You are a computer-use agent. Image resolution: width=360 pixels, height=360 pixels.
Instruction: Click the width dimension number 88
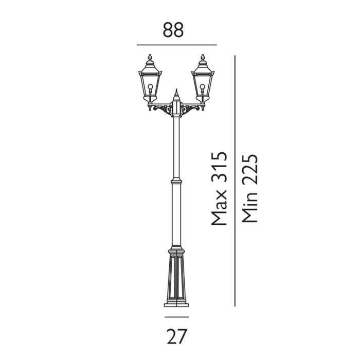[x=173, y=30]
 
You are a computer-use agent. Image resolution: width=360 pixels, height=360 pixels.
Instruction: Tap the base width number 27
[x=177, y=336]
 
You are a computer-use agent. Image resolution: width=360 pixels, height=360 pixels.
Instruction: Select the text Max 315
[x=219, y=188]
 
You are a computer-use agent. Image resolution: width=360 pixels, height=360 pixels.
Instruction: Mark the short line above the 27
[x=176, y=317]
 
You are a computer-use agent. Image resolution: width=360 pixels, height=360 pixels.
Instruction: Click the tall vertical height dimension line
[x=235, y=180]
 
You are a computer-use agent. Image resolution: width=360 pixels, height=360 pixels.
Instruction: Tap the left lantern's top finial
[x=150, y=57]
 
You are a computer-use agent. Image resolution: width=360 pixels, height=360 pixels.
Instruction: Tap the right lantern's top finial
[x=203, y=57]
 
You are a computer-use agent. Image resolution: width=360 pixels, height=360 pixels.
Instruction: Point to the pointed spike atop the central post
[x=176, y=93]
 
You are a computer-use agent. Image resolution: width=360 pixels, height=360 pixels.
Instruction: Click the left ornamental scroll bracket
[x=164, y=110]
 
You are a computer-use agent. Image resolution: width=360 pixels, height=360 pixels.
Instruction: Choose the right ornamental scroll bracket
[x=190, y=110]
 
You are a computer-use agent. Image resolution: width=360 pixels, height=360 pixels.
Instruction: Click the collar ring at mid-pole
[x=176, y=182]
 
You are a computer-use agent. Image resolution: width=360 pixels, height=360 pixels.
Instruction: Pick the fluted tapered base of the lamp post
[x=176, y=275]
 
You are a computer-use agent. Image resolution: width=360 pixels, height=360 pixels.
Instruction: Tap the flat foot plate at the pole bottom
[x=176, y=305]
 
